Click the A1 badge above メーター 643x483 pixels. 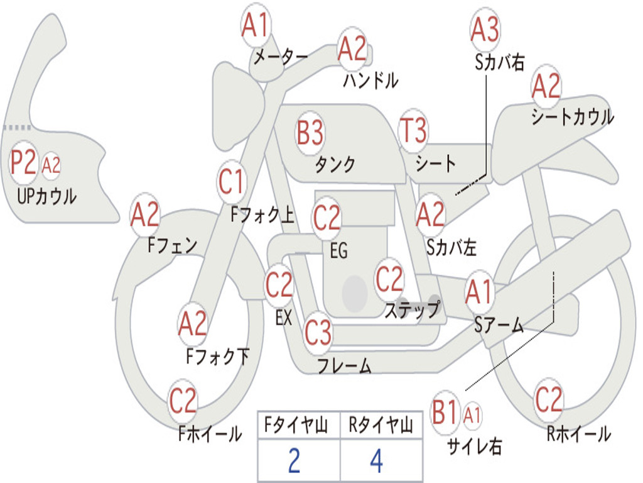256,25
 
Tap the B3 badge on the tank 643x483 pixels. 310,133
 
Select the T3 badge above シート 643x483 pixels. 413,130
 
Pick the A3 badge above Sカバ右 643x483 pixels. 485,30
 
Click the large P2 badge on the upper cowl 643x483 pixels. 23,163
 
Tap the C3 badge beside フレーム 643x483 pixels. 318,332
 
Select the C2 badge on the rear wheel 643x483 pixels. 549,399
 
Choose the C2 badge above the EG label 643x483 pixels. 327,218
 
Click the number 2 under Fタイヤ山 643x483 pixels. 294,461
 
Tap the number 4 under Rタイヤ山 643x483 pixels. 377,461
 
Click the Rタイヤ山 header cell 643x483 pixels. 381,425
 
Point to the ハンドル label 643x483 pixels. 370,80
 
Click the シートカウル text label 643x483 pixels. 573,116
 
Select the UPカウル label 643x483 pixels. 46,196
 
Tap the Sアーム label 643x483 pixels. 499,325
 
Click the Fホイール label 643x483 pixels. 210,434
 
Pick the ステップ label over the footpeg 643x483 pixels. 413,309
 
